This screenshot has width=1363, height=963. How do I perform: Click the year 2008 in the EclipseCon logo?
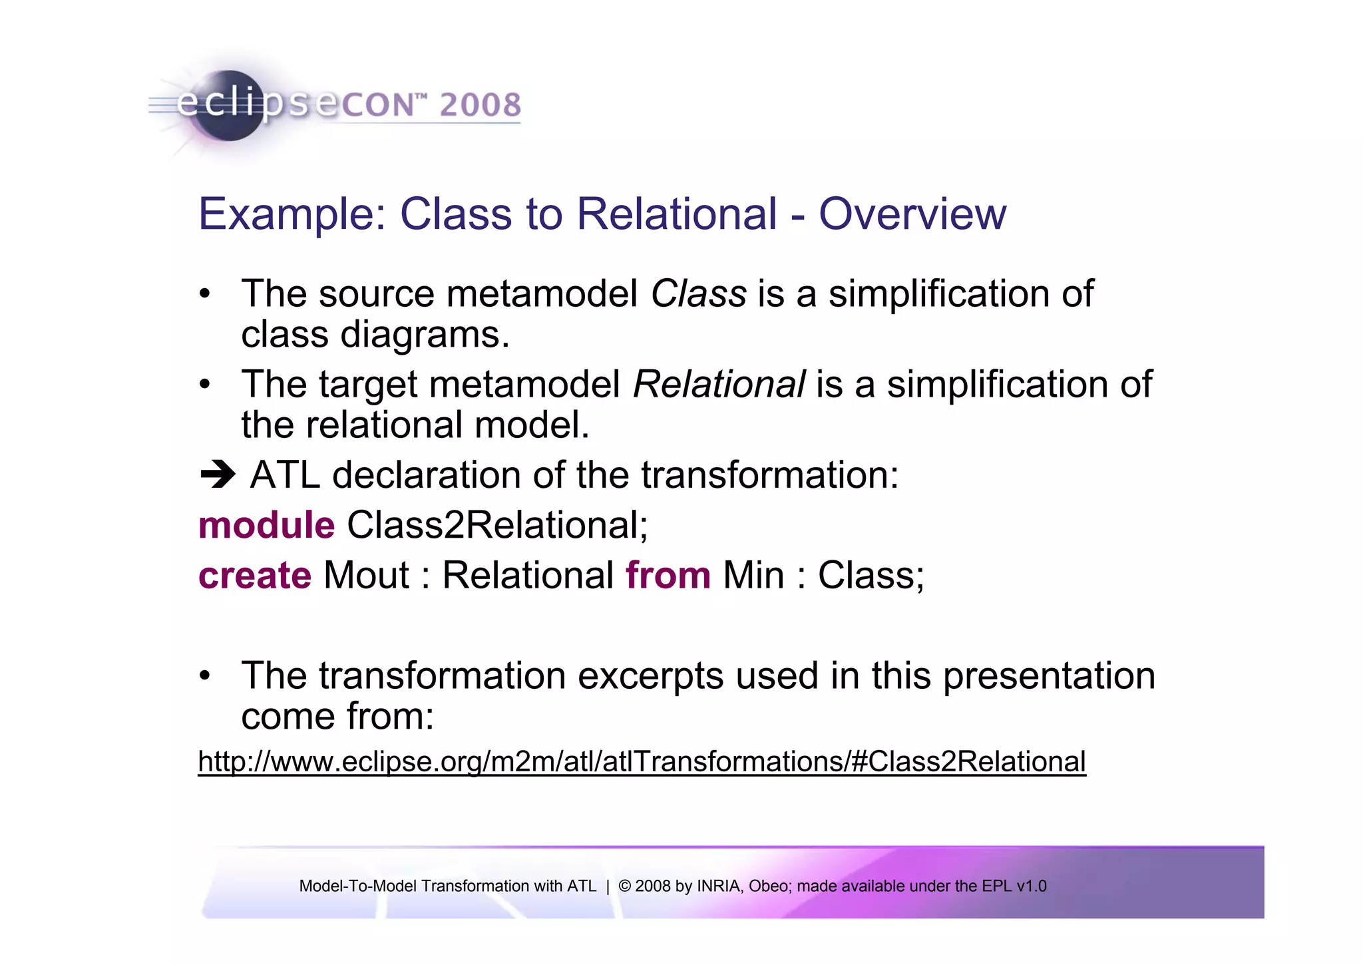point(480,105)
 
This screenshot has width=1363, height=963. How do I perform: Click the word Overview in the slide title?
point(912,214)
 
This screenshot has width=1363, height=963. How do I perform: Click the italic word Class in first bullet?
point(698,293)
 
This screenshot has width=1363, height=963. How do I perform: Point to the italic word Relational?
point(719,385)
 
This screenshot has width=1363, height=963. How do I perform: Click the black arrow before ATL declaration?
point(218,475)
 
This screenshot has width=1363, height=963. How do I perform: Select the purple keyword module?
point(266,525)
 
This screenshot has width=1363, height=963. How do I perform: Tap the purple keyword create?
point(255,576)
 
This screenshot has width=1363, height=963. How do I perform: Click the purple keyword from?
point(668,576)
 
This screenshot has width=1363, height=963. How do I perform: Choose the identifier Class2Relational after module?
point(496,525)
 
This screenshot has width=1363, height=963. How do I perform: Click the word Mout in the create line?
point(366,576)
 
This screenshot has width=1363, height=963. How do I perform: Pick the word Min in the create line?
point(753,576)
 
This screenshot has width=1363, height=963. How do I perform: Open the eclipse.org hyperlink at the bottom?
point(642,761)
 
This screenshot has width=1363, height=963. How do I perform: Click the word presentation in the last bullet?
point(1049,676)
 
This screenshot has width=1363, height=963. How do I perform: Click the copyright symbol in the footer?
point(624,886)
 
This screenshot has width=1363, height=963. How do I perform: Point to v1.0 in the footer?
point(1032,886)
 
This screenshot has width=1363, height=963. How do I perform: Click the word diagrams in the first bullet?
point(424,335)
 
